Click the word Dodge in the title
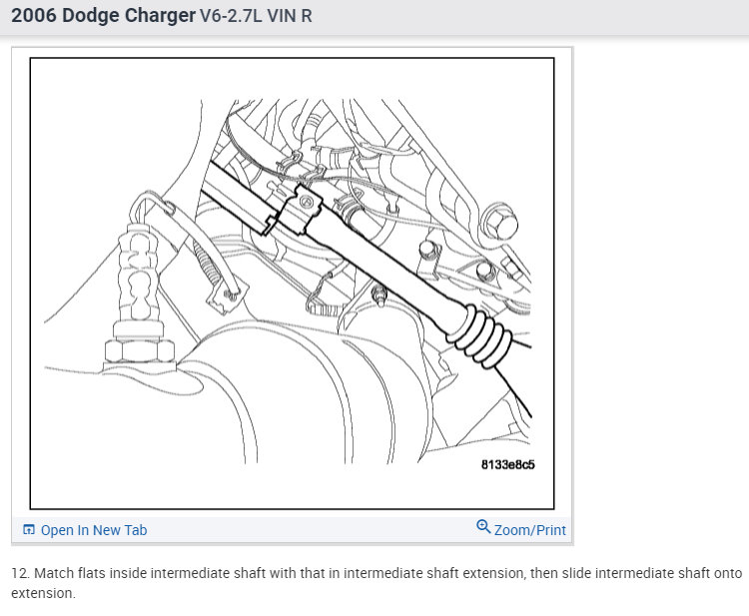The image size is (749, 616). point(90,16)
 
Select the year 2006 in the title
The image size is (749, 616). point(34,16)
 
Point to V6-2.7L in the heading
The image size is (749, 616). point(231,16)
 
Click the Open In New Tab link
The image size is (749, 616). point(94,530)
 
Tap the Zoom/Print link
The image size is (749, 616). point(529,530)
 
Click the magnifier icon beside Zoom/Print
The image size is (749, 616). point(483,527)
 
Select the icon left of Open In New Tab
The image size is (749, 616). point(29,529)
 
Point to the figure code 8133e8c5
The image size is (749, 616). point(507,464)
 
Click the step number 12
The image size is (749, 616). point(20,573)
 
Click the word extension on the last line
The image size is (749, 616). point(43,594)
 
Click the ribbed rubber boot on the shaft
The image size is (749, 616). point(479,337)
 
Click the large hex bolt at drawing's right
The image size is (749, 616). point(499,222)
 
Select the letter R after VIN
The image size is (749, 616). point(307,16)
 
